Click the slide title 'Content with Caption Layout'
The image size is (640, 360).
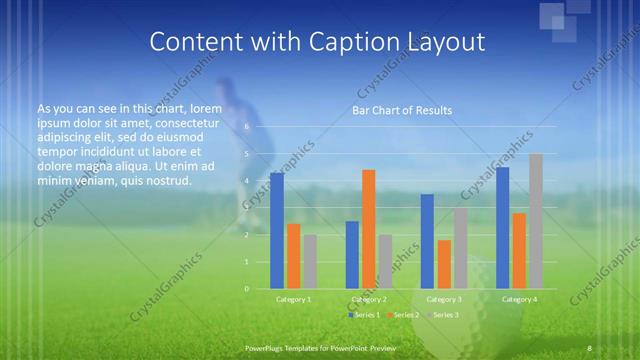[317, 41]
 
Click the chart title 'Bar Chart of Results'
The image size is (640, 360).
[402, 110]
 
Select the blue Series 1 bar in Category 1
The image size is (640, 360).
[277, 230]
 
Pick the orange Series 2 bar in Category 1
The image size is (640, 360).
[293, 256]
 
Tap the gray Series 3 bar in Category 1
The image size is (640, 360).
[310, 262]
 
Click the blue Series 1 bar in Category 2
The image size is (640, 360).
[352, 255]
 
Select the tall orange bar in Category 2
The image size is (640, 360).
[368, 229]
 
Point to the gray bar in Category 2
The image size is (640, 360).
[385, 262]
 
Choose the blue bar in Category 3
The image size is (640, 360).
[427, 241]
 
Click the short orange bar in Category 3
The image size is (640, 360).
[443, 264]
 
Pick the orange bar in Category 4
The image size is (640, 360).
[518, 251]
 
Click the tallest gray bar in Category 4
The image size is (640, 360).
[535, 221]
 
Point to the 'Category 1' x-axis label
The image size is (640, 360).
[293, 299]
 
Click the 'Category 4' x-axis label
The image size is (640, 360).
[518, 299]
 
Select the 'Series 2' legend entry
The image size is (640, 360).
[403, 315]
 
